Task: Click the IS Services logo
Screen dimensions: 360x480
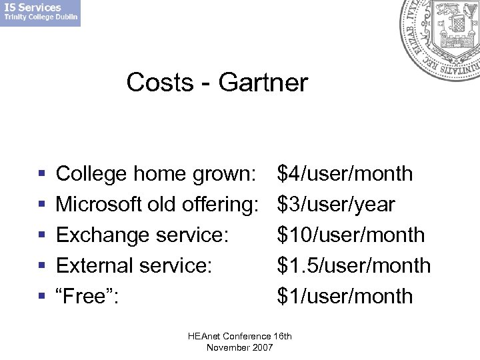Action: point(40,13)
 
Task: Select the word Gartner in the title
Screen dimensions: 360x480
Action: point(263,83)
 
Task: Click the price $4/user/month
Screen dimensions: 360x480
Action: point(345,174)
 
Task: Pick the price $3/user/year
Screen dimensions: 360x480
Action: point(336,205)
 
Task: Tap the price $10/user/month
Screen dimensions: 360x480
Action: point(351,235)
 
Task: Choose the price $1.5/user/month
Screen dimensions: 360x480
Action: point(354,266)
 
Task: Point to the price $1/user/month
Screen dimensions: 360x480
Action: point(345,297)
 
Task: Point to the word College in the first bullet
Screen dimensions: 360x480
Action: point(91,174)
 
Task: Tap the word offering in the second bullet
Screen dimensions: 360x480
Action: point(220,205)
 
